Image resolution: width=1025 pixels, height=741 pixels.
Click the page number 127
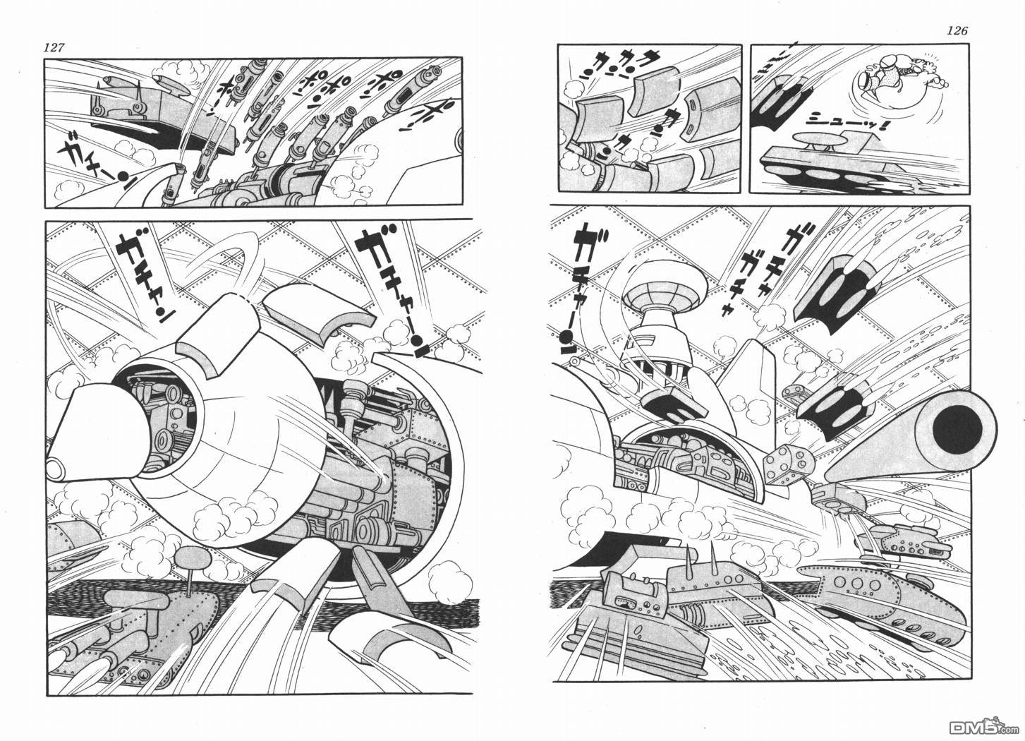click(54, 48)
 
